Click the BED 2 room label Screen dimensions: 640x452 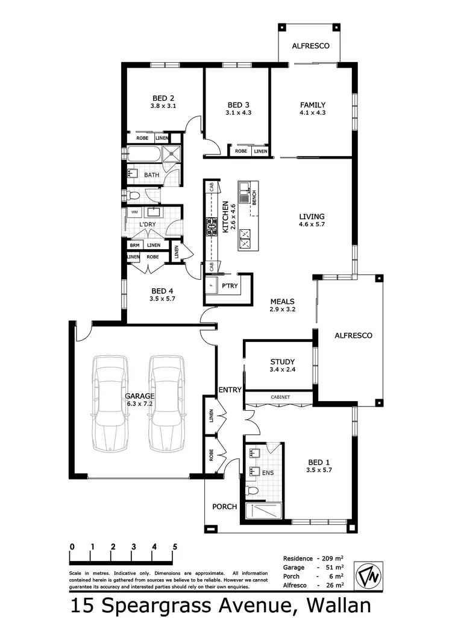(163, 98)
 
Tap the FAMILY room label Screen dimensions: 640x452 (312, 104)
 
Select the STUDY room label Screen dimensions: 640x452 (282, 362)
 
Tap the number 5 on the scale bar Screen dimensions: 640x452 (175, 547)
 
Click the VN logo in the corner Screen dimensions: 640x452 (367, 574)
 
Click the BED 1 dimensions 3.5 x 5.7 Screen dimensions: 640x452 (319, 469)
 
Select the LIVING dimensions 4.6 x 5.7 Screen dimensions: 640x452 (312, 224)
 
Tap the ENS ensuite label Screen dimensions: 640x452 (268, 472)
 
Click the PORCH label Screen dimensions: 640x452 (224, 507)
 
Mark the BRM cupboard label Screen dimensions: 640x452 (134, 245)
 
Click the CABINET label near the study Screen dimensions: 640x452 (280, 397)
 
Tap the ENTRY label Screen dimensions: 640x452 (230, 390)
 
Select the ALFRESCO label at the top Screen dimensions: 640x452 (310, 45)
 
